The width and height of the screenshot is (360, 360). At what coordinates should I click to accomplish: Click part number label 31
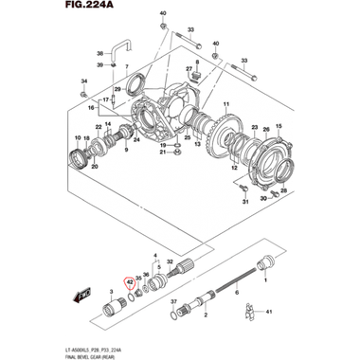243,201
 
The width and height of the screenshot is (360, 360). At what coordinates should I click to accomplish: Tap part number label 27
189,69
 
